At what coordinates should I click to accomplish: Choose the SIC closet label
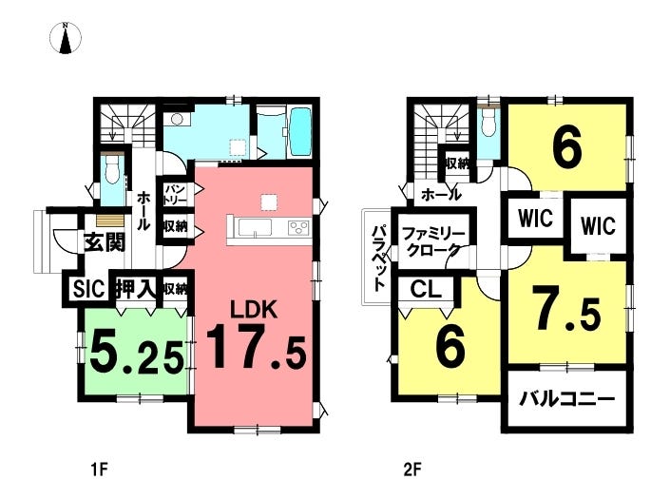(x=87, y=288)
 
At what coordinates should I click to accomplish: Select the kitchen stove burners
(x=298, y=226)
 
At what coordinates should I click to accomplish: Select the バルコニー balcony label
(x=566, y=398)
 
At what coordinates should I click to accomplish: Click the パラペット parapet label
(x=377, y=258)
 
